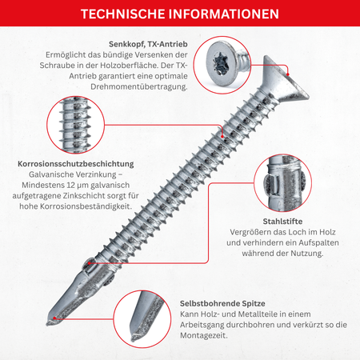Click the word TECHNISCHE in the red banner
pyautogui.click(x=122, y=14)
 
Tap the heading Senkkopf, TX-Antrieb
pyautogui.click(x=148, y=44)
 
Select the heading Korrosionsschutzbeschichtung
pyautogui.click(x=76, y=164)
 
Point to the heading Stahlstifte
pyautogui.click(x=282, y=222)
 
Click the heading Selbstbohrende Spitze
pyautogui.click(x=222, y=303)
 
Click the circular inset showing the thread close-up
pyautogui.click(x=76, y=125)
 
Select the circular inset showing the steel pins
pyautogui.click(x=282, y=182)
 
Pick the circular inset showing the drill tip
pyautogui.click(x=142, y=319)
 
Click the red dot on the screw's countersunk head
pyautogui.click(x=288, y=74)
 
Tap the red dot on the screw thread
pyautogui.click(x=222, y=136)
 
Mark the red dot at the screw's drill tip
pyautogui.click(x=54, y=318)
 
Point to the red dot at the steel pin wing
pyautogui.click(x=90, y=263)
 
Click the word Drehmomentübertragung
pyautogui.click(x=139, y=86)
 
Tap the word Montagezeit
pyautogui.click(x=204, y=335)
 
